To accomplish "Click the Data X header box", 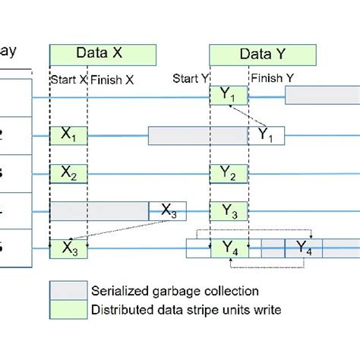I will point(103,54).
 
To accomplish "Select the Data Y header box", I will point(262,54).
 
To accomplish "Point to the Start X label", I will point(68,79).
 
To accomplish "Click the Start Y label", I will point(191,78).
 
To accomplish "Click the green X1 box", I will point(68,136).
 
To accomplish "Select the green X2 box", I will point(68,174).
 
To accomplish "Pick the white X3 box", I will point(169,211).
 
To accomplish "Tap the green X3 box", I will point(68,248).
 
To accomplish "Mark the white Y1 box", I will point(267,136).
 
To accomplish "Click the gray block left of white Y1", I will point(197,136).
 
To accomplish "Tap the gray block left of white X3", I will point(99,211).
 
